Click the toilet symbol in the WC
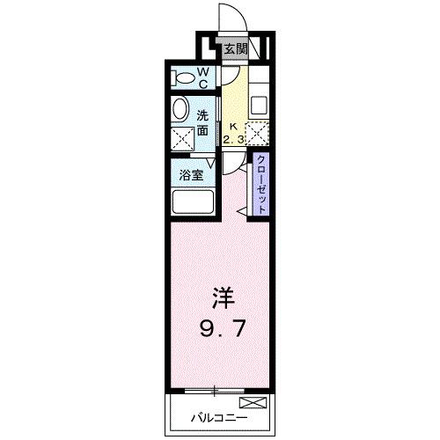coord(184,78)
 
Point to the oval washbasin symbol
coord(180,110)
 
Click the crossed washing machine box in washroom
coord(182,138)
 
